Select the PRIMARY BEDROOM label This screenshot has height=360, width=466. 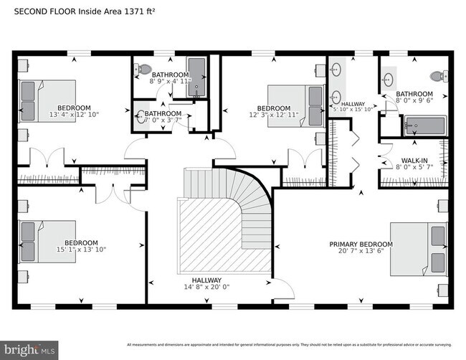[x=361, y=245]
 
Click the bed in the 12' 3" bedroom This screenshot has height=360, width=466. [x=295, y=106]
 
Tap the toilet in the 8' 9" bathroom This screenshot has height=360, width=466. [x=144, y=70]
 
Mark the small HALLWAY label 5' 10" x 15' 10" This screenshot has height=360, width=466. [x=353, y=105]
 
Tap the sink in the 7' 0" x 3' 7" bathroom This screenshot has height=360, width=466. [x=141, y=118]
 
